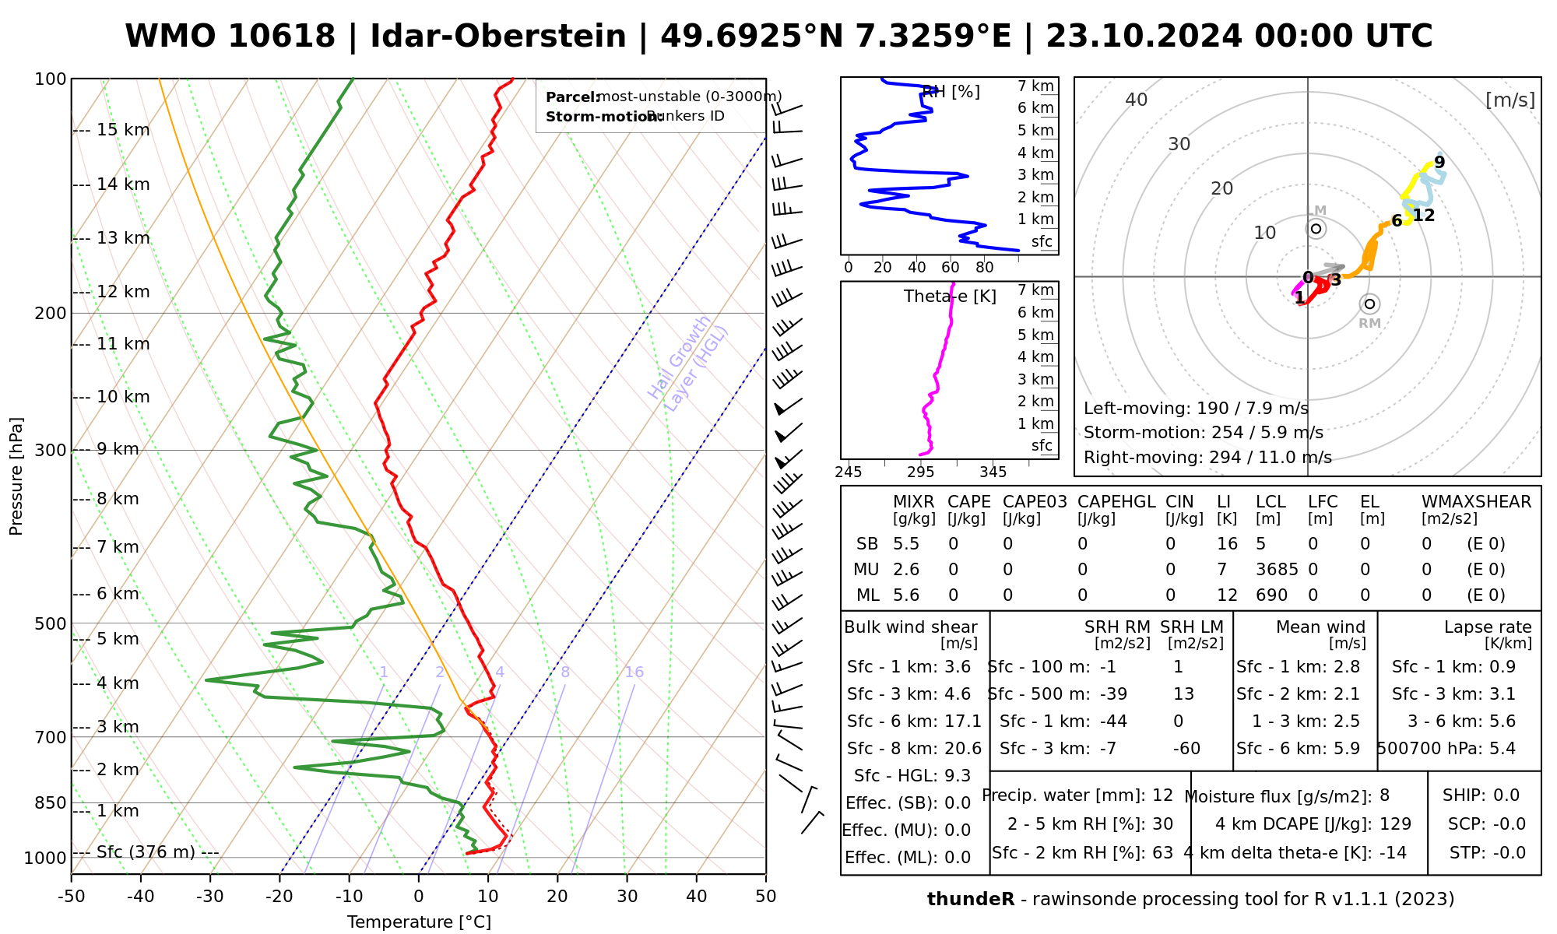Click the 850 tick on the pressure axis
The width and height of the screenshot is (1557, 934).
[x=51, y=802]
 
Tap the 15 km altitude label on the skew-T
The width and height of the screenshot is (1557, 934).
[x=123, y=130]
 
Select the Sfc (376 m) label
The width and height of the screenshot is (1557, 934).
[x=146, y=852]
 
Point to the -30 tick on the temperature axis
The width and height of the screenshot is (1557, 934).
[x=209, y=897]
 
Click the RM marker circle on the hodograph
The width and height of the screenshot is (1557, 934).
[x=1369, y=304]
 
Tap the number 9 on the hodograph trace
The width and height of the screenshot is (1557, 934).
[x=1439, y=162]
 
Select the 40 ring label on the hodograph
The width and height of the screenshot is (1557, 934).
[x=1137, y=100]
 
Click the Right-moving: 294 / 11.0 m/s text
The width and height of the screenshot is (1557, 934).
[x=1207, y=458]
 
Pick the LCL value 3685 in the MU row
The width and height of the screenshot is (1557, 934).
[x=1277, y=570]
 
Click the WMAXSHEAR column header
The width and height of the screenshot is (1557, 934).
[x=1476, y=502]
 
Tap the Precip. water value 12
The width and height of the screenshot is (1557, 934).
[x=1162, y=795]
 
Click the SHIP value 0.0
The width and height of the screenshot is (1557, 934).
[x=1506, y=795]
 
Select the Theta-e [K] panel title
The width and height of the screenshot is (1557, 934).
[x=950, y=297]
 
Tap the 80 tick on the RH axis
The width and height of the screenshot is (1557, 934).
[x=985, y=268]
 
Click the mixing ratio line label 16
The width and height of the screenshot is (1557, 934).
[x=634, y=672]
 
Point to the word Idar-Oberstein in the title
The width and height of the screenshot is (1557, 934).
[x=498, y=37]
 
